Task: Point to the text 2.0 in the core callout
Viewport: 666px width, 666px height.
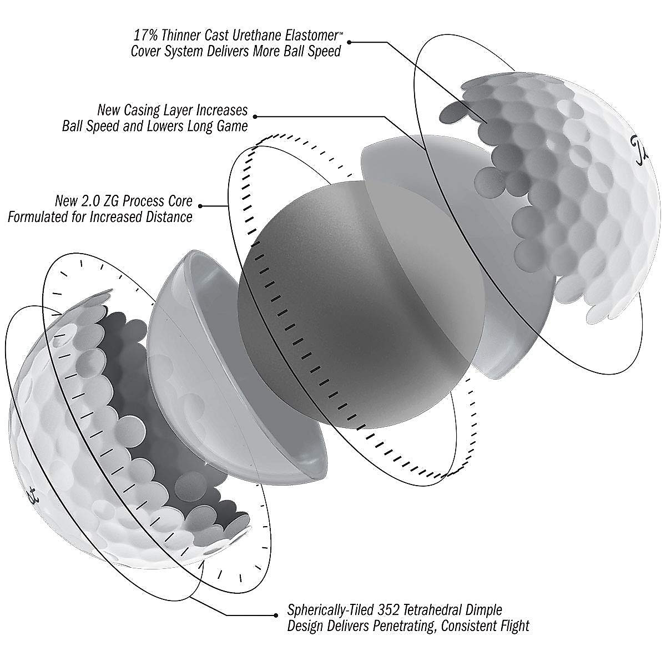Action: (93, 200)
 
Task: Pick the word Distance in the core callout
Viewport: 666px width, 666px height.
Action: (169, 216)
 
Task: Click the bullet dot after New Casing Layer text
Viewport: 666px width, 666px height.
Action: (255, 116)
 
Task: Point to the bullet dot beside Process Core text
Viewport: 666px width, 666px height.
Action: (200, 206)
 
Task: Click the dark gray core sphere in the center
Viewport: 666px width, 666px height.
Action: (333, 311)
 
